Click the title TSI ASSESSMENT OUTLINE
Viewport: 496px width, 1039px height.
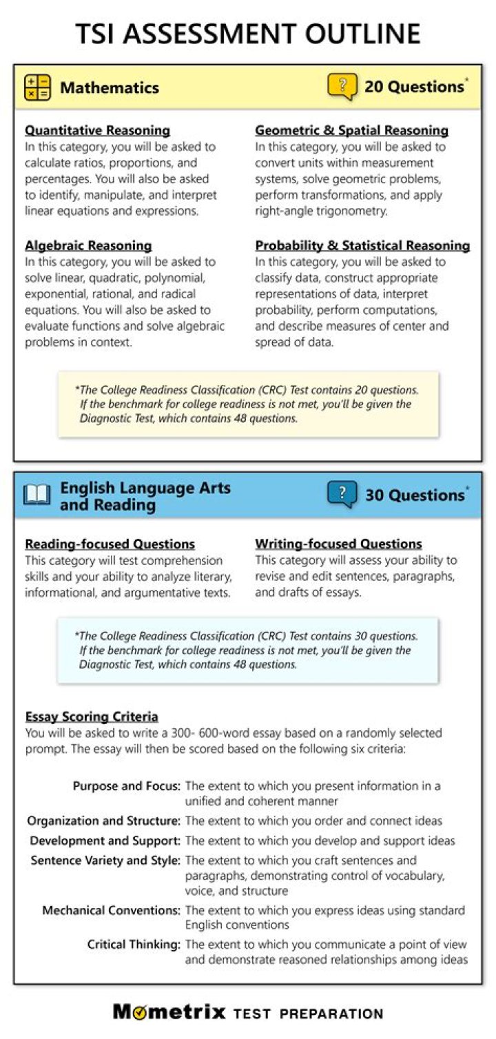pos(247,33)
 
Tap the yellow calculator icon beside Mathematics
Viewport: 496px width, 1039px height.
pos(37,88)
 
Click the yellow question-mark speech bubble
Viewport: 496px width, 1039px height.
pos(342,87)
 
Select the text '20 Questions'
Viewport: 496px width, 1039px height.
pos(413,87)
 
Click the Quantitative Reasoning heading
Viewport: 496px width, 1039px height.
pos(97,130)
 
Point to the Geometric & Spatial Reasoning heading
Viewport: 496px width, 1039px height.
pos(351,130)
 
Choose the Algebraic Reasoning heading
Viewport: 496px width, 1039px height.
pos(88,245)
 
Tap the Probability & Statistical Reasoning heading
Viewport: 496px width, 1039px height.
pos(362,245)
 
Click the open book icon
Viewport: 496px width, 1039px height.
pos(37,495)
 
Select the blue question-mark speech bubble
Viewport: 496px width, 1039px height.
pos(342,495)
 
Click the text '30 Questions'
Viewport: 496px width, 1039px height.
pos(414,495)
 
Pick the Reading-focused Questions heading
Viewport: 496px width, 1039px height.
pos(110,544)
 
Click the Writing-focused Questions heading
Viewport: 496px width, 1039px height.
pos(338,544)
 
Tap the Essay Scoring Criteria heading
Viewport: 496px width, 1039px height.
pos(92,717)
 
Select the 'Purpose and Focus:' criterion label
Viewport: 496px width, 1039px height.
pos(127,786)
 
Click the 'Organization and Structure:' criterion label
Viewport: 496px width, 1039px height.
pos(104,821)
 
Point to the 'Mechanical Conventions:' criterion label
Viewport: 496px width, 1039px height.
pos(112,910)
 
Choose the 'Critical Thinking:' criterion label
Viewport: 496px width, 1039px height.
pos(134,944)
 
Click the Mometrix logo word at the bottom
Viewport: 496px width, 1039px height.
pos(169,1012)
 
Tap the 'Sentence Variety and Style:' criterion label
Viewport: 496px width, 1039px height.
pos(105,861)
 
